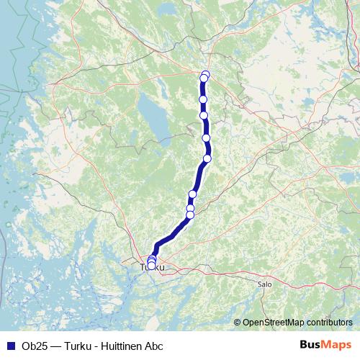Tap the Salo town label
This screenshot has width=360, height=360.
[264, 284]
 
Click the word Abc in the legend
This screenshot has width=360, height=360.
[163, 345]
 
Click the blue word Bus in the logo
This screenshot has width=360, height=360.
[311, 345]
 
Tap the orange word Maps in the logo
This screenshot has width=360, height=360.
[338, 345]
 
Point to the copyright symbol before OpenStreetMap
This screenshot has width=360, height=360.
[237, 322]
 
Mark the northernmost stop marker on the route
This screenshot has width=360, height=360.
[206, 74]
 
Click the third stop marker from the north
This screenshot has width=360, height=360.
[203, 99]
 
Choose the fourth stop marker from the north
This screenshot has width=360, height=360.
[204, 115]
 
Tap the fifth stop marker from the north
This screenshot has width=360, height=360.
[206, 138]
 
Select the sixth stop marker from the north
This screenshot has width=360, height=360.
[207, 158]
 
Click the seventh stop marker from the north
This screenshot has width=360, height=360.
[192, 194]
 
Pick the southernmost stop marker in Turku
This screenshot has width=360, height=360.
[151, 266]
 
